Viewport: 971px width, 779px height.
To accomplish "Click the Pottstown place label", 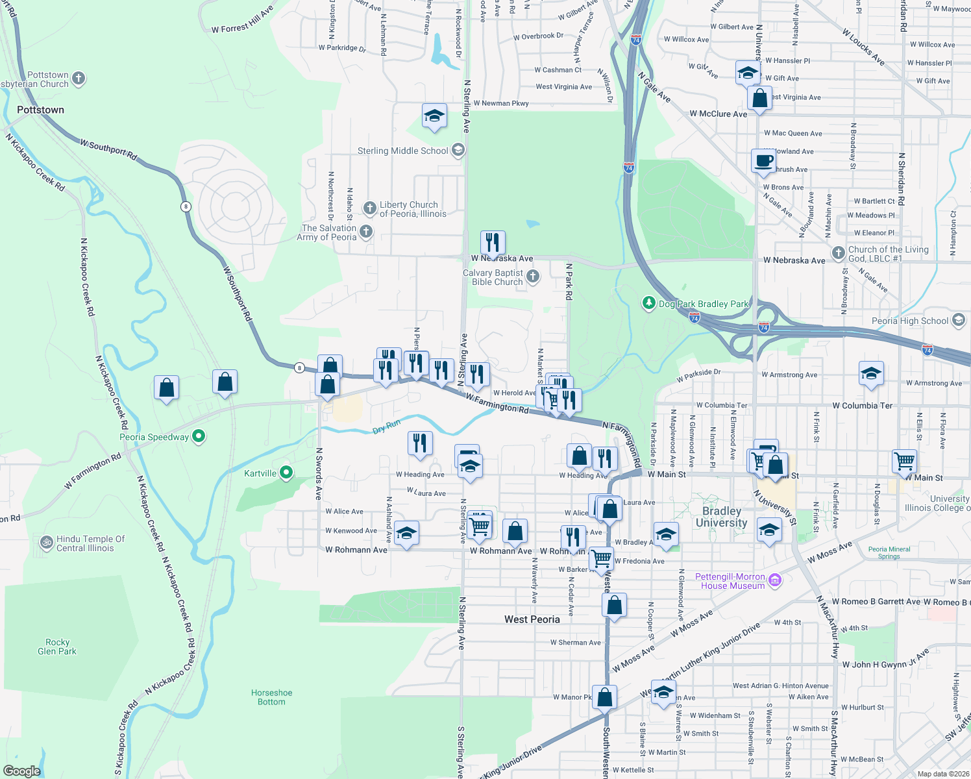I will pos(40,110).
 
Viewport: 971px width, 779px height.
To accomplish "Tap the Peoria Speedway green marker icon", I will pos(199,437).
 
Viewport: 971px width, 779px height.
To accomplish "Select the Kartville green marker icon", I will pos(286,473).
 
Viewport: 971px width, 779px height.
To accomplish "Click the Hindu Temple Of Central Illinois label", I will pos(90,543).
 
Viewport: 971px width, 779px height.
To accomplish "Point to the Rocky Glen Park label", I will pos(57,647).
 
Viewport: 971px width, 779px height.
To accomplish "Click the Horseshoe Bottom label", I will pos(271,697).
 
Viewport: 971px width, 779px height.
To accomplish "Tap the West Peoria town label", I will pos(532,619).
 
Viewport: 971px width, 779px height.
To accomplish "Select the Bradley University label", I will pos(721,517).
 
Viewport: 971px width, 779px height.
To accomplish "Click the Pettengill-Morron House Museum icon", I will pos(774,580).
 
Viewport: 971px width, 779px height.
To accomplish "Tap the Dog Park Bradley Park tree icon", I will pos(648,303).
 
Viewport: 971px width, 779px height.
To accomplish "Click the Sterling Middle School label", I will pos(402,151).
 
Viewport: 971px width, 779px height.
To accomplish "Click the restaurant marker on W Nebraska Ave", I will pos(493,243).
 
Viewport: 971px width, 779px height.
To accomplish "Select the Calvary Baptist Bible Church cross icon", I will pos(533,277).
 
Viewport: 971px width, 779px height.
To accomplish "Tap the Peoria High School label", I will pos(910,321).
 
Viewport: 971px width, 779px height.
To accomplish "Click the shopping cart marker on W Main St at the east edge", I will pos(904,461).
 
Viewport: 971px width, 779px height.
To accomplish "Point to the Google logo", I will pos(22,771).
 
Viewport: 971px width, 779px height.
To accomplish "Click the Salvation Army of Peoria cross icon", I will pos(366,232).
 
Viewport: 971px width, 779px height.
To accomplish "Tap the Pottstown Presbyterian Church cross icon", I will pos(79,79).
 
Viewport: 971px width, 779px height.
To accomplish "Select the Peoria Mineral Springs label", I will pos(889,552).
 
